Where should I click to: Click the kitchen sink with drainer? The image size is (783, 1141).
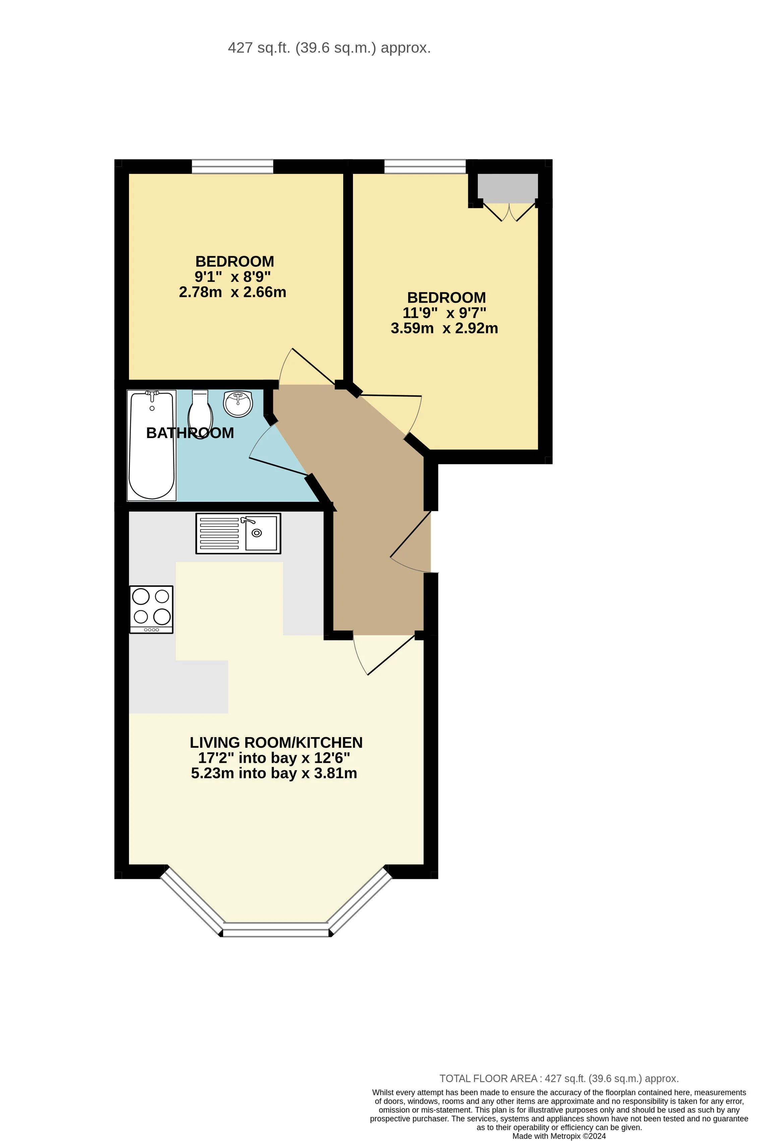pos(238,533)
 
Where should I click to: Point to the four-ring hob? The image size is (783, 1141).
pos(151,609)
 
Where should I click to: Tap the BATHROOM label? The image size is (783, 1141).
pos(190,433)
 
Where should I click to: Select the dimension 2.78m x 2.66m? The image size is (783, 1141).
pos(232,292)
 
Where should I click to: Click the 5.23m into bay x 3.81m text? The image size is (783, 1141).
pos(274,773)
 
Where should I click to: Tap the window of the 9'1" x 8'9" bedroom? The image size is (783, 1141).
pos(232,167)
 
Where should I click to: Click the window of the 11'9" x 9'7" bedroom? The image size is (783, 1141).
pos(425,167)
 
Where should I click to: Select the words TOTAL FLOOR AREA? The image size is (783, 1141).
pos(488,1079)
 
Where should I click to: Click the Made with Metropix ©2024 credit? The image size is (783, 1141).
pos(559,1136)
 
